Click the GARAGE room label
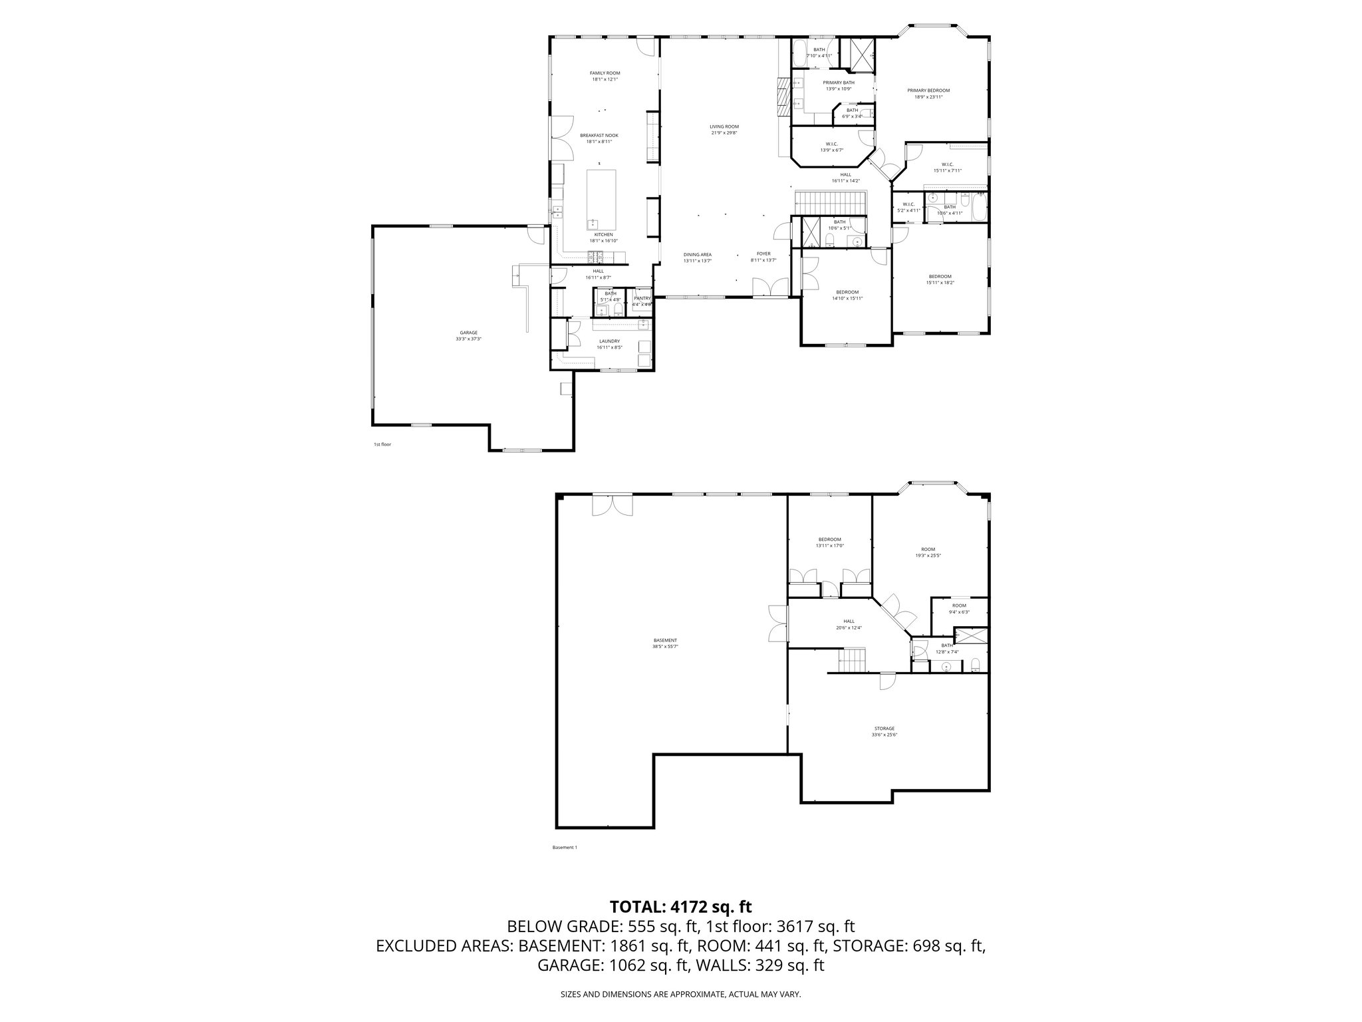click(468, 335)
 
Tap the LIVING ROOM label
click(724, 129)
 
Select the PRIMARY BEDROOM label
click(928, 93)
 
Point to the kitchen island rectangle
click(136, 200)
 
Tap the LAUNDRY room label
click(609, 344)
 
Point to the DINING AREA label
click(698, 257)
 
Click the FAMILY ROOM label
click(605, 76)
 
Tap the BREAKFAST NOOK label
click(599, 138)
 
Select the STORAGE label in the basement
click(884, 731)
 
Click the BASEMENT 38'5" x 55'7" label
click(665, 643)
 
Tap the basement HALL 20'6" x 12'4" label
click(849, 624)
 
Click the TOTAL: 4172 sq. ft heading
click(680, 906)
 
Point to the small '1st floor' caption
click(382, 444)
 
